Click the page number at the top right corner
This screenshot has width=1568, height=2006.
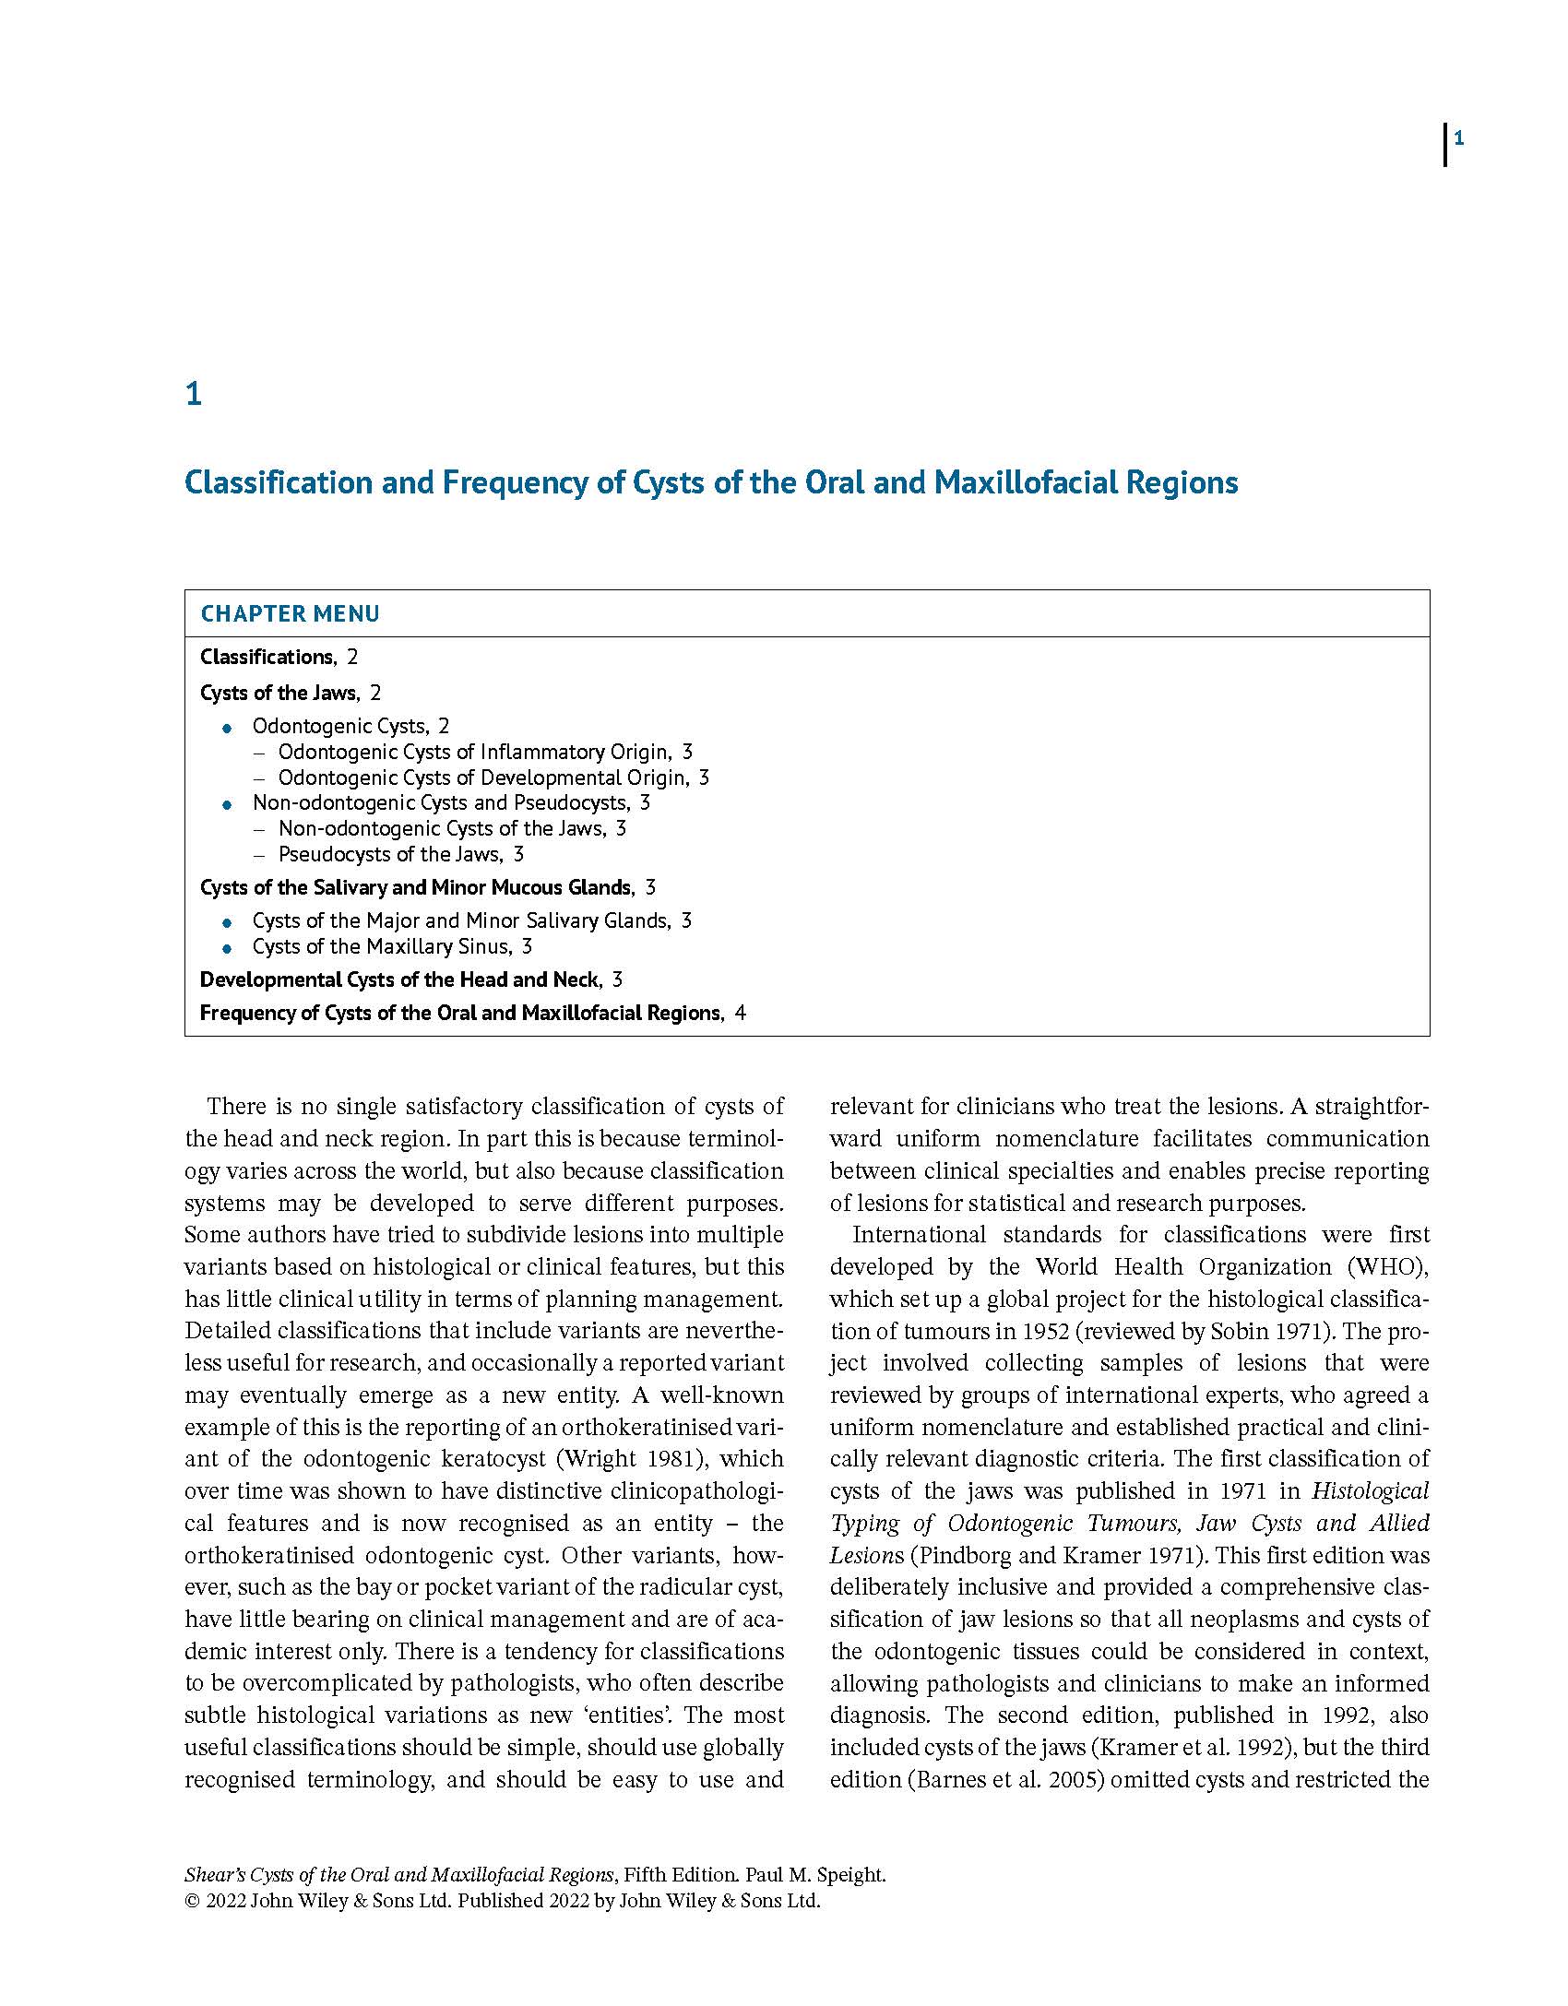[x=1458, y=139]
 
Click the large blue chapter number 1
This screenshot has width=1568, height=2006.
[x=194, y=395]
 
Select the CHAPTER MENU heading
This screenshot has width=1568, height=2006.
[x=290, y=614]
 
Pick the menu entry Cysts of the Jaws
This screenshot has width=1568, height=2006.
[x=279, y=693]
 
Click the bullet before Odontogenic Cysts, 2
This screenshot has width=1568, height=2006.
[x=228, y=729]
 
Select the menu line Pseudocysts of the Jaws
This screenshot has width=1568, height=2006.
[x=391, y=854]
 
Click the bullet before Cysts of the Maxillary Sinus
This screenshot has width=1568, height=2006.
[x=228, y=948]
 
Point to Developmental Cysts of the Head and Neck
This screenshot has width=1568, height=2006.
[x=399, y=979]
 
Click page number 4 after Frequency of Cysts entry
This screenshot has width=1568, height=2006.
[x=740, y=1014]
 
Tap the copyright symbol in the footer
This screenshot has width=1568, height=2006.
[x=192, y=1901]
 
